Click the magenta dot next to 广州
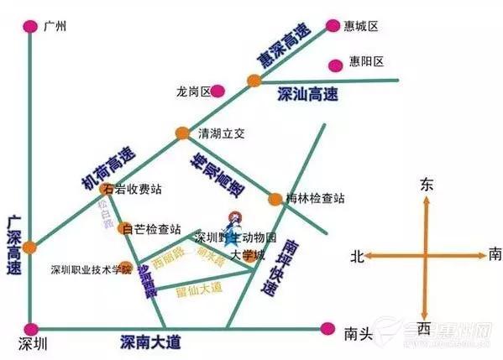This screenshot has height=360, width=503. pyautogui.click(x=30, y=26)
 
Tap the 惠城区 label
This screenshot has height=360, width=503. pyautogui.click(x=362, y=26)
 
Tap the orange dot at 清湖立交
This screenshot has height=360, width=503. pyautogui.click(x=182, y=133)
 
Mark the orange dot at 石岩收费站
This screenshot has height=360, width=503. pyautogui.click(x=106, y=190)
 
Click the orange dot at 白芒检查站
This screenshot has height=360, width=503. pyautogui.click(x=128, y=228)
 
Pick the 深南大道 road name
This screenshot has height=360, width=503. pyautogui.click(x=150, y=341)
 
